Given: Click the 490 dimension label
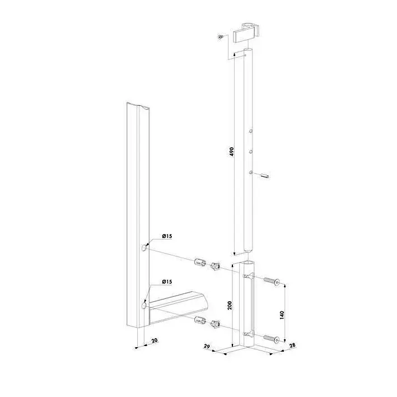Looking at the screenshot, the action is click(231, 151).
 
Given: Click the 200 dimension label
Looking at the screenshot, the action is click(230, 305).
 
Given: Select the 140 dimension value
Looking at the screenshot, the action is click(282, 315).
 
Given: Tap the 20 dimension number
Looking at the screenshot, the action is click(155, 340).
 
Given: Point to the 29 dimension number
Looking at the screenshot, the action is click(207, 346).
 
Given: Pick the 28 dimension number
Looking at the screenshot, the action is click(292, 345).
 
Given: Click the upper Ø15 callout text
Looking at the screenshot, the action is click(167, 236).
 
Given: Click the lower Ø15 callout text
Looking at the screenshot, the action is click(167, 282).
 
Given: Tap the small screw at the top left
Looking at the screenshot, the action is click(221, 37).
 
